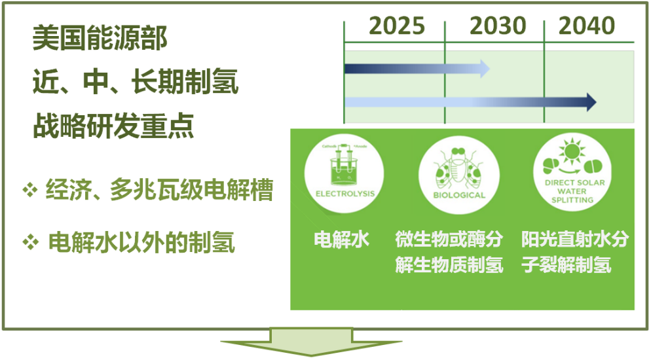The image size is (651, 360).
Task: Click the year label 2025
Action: [x=396, y=26]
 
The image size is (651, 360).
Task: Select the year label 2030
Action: [x=498, y=26]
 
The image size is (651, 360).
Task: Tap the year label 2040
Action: [x=587, y=26]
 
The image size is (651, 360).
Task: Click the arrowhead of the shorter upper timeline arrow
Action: [x=484, y=67]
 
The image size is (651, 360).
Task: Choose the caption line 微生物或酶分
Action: [x=449, y=240]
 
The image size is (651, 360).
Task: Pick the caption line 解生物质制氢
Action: [x=449, y=266]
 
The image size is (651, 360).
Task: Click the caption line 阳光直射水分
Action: [x=574, y=240]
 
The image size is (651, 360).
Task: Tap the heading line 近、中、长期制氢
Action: [x=135, y=84]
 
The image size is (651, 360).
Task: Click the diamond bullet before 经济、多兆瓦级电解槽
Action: [x=29, y=191]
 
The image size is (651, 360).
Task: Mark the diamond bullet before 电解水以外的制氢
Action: [x=29, y=243]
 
